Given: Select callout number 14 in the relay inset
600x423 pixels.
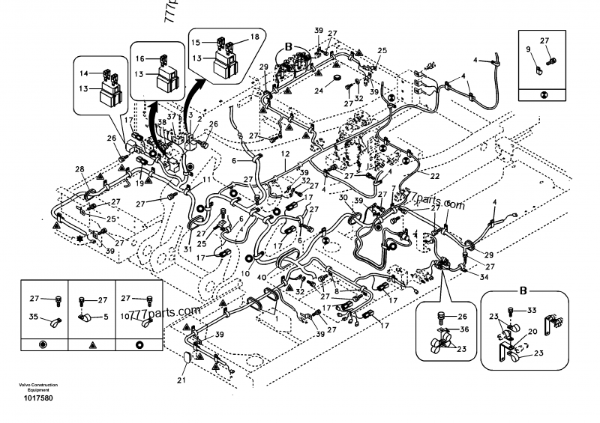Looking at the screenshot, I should [83, 73].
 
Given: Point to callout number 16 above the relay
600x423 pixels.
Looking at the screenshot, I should [140, 58].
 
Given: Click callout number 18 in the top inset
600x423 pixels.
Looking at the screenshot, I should [254, 37].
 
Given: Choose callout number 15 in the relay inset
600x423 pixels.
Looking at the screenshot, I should [195, 42].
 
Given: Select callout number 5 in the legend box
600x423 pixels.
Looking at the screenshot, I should [105, 317].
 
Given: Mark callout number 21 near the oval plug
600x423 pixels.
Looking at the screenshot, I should [181, 381].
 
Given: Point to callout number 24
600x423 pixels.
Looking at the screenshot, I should [318, 91].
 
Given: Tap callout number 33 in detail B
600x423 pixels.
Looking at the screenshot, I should [532, 309].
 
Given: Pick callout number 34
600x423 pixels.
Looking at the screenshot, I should [484, 277].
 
